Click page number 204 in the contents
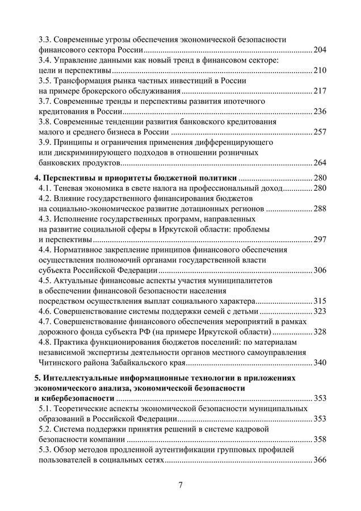coord(320,51)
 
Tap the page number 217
coord(320,91)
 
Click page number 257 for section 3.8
coord(320,131)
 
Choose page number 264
coord(320,162)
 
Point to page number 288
coord(320,208)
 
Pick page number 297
coord(320,239)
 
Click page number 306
coord(320,269)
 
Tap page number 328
coord(320,332)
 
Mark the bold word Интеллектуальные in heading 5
coord(81,378)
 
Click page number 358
coord(320,439)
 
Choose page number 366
coord(320,459)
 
